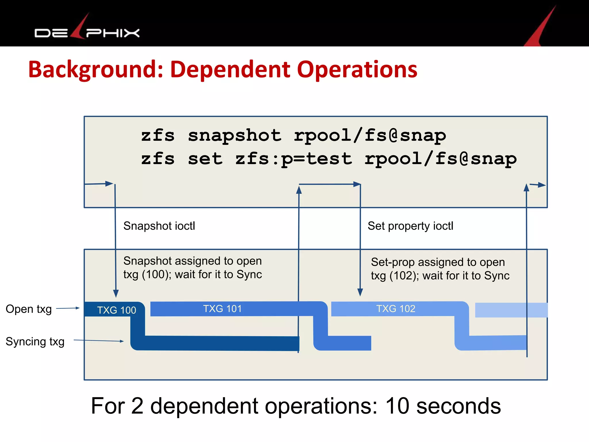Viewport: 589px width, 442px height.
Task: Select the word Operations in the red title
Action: point(357,70)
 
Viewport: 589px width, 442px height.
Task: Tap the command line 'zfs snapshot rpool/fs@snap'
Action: point(293,136)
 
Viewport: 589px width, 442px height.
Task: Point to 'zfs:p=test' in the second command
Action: point(294,159)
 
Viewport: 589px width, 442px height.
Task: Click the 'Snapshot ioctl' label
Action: point(159,226)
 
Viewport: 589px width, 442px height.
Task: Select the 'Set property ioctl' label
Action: point(410,226)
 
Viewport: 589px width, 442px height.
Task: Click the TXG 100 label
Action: point(116,310)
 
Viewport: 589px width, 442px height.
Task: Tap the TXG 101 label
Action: point(222,309)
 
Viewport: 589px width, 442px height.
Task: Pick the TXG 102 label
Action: point(396,309)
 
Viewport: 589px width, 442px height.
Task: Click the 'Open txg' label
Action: point(29,309)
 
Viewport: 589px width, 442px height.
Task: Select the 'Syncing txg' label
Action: point(35,342)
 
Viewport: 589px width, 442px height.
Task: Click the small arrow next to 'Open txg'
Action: point(68,308)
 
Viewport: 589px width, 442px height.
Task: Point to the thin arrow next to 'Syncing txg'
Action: point(99,341)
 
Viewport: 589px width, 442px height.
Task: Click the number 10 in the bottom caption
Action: point(397,406)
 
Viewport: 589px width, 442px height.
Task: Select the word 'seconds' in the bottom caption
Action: point(458,406)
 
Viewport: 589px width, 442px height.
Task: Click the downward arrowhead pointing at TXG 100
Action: point(116,294)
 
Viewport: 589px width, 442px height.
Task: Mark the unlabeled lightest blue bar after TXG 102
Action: point(511,310)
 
